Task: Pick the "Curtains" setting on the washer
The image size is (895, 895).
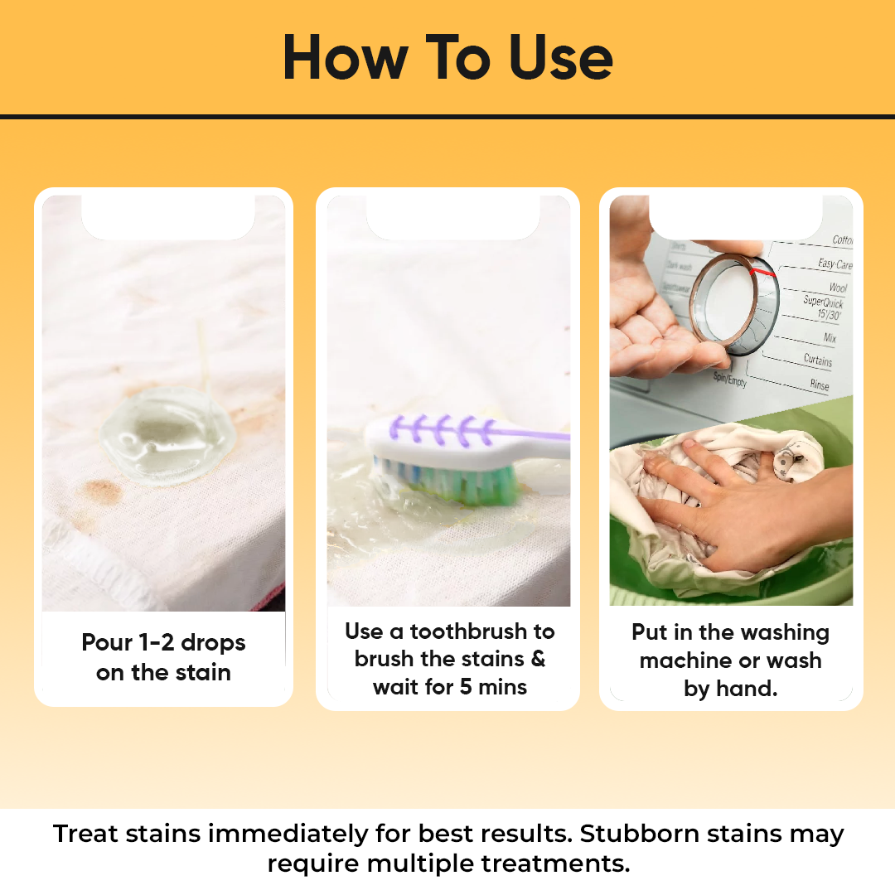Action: (x=817, y=360)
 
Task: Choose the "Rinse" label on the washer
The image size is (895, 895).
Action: (x=819, y=385)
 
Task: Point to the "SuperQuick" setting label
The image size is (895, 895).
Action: (x=823, y=302)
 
